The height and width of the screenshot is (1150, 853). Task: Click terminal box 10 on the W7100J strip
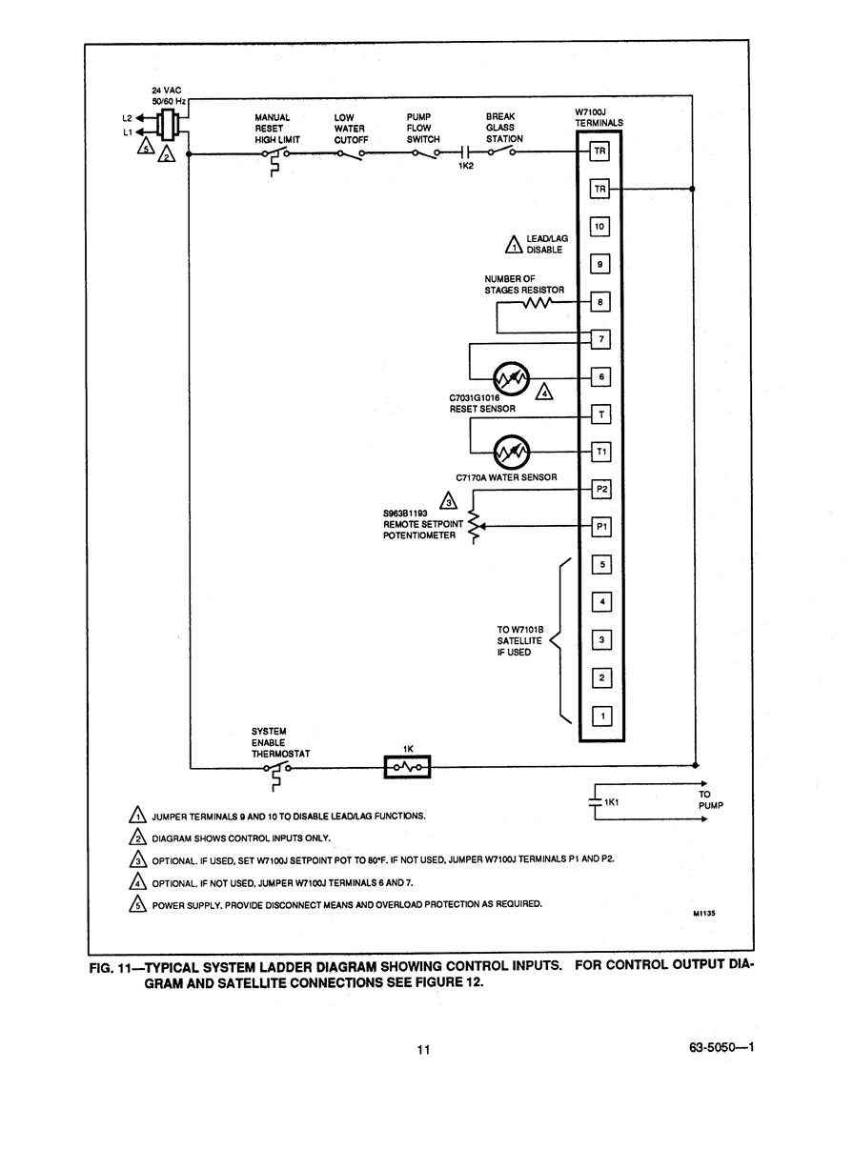pos(599,226)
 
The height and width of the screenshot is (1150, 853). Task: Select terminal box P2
pos(601,489)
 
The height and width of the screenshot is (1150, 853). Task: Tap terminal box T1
pos(601,452)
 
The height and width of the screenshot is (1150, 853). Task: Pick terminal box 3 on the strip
pos(602,640)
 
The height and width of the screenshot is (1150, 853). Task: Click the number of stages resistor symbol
pos(538,302)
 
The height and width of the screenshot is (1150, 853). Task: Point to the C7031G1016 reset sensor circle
pos(512,379)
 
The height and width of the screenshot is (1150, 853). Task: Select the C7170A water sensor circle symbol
pos(512,453)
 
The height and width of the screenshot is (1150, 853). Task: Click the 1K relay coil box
pos(407,767)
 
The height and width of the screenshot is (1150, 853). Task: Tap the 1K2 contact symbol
pos(465,151)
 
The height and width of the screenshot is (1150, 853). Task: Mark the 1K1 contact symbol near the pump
pos(595,801)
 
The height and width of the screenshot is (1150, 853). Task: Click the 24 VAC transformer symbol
pos(167,125)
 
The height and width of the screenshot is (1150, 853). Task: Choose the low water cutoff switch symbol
pos(350,154)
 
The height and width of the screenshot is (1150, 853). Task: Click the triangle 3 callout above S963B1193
pos(448,501)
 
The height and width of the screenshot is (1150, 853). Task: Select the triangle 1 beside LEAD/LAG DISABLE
pos(514,245)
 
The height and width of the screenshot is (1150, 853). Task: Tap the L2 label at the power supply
pos(127,118)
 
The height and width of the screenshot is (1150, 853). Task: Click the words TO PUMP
pos(710,799)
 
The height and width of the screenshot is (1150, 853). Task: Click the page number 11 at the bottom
pos(423,1050)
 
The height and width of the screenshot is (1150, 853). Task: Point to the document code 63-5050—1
pos(721,1047)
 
